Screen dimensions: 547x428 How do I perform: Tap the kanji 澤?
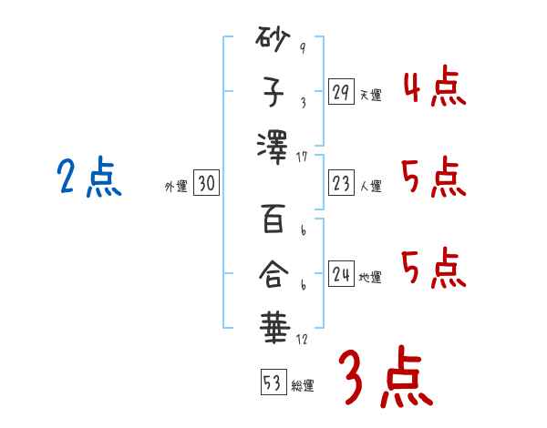tap(273, 147)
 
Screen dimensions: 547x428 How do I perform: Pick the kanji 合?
tap(273, 271)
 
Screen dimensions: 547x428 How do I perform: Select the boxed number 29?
tap(341, 92)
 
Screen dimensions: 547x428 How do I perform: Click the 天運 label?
tap(371, 95)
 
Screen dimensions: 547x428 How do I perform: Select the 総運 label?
tap(303, 386)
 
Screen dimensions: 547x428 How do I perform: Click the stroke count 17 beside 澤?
tap(302, 157)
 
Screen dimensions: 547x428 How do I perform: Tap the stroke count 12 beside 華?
tap(302, 339)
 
